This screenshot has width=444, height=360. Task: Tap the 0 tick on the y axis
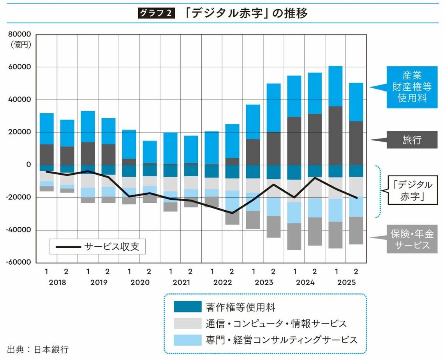28,165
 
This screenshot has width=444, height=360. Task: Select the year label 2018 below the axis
57,283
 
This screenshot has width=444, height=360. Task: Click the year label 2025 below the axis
346,283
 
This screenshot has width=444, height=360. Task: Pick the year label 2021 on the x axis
181,283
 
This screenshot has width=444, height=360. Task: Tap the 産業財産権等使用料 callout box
412,87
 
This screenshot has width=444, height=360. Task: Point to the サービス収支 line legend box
97,247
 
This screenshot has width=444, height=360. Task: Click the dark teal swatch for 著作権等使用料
188,307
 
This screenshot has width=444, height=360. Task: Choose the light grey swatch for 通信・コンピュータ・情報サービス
188,323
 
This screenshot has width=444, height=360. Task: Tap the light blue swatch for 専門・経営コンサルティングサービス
188,339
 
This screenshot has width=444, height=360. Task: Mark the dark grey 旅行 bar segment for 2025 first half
335,135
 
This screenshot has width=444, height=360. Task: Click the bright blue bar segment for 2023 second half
273,108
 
